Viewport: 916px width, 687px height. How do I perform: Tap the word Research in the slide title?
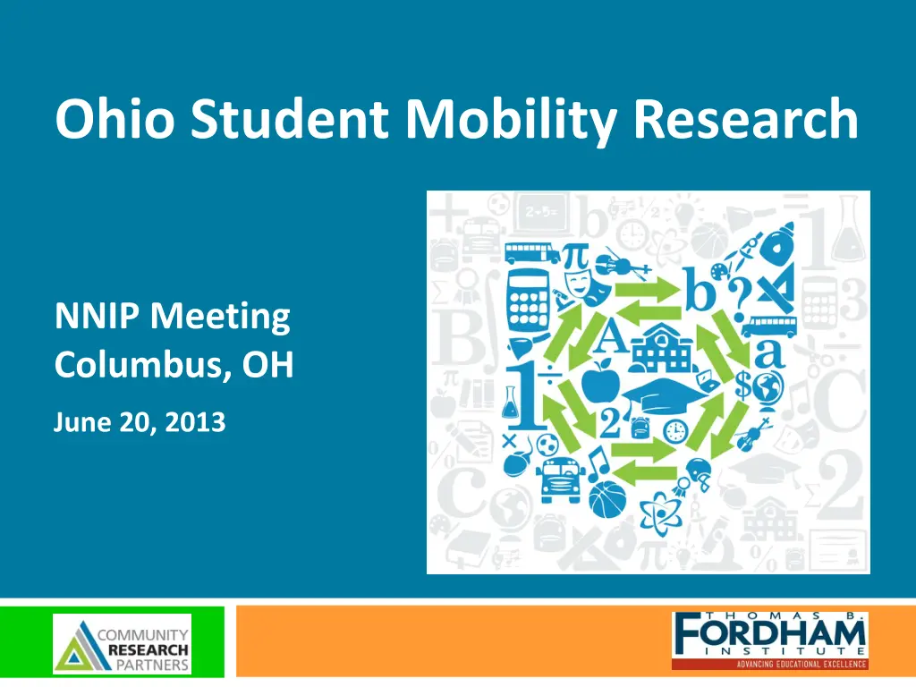746,121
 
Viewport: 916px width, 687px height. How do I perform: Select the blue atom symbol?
659,510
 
